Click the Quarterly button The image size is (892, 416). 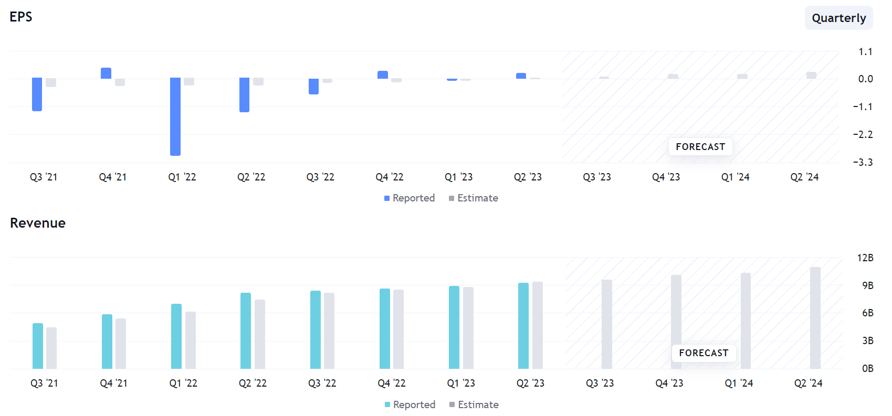(838, 18)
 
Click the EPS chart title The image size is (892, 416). (21, 17)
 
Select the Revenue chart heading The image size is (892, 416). (38, 223)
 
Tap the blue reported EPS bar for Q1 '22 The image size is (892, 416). (175, 116)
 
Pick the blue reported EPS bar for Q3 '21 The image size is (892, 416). (37, 94)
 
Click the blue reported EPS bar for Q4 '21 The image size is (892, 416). (106, 73)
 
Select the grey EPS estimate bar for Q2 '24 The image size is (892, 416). (811, 76)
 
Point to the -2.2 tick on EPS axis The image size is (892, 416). (863, 135)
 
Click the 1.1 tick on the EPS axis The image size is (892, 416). (865, 52)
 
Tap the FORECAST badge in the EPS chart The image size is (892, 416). (700, 147)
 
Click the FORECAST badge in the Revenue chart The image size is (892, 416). (704, 353)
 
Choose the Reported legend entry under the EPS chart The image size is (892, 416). (410, 198)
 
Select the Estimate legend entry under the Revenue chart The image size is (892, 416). (474, 405)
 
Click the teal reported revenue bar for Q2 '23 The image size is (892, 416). (523, 326)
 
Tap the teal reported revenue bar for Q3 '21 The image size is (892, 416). (38, 346)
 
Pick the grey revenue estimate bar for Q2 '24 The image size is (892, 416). (815, 318)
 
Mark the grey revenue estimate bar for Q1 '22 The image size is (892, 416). (191, 340)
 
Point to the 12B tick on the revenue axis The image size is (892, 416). (865, 258)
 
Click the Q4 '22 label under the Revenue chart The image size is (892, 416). (392, 383)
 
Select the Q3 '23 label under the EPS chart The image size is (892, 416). (597, 177)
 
